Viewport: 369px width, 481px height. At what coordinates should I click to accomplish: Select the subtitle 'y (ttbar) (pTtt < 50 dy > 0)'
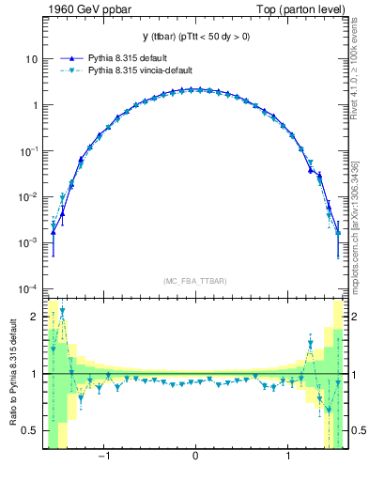pyautogui.click(x=194, y=37)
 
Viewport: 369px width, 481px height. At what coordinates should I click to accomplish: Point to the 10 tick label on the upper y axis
pyautogui.click(x=31, y=59)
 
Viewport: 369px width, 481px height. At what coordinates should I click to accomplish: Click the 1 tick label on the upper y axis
pyautogui.click(x=34, y=105)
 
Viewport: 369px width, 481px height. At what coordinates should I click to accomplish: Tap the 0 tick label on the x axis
pyautogui.click(x=194, y=458)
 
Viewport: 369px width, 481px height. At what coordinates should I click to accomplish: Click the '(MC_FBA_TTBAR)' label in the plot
pyautogui.click(x=194, y=279)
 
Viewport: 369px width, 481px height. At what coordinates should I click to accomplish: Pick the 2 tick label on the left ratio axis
pyautogui.click(x=34, y=317)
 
